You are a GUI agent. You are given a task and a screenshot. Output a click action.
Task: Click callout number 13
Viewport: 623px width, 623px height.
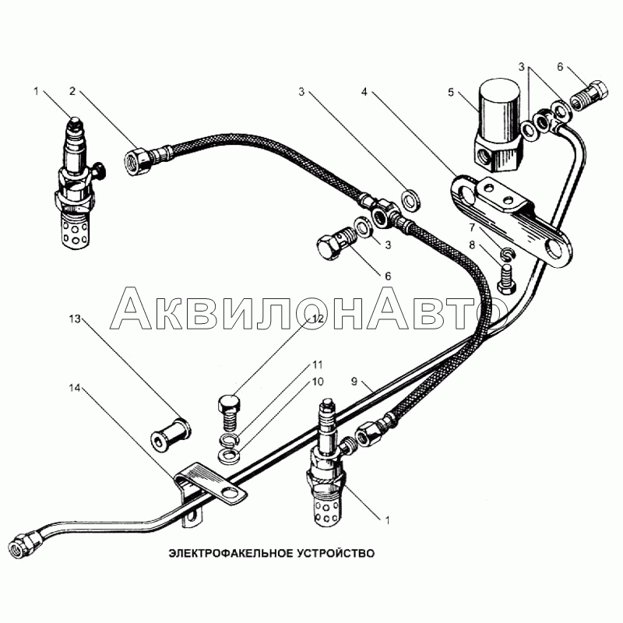75,319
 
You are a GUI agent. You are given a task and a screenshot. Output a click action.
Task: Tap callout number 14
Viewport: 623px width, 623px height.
75,388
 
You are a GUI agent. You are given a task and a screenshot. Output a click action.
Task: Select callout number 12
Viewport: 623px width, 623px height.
318,319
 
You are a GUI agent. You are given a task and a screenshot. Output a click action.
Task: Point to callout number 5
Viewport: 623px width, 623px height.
451,92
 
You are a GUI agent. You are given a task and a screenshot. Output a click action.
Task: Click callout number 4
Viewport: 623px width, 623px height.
364,92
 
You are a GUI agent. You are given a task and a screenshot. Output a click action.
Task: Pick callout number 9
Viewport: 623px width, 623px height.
354,382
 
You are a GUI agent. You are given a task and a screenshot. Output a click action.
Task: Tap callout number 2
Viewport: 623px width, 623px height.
72,91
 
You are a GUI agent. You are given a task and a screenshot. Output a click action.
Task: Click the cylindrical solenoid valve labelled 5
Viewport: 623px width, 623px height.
498,125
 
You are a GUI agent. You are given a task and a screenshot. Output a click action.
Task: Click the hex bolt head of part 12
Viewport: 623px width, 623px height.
229,403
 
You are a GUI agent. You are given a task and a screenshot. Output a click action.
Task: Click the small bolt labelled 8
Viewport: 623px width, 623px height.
506,280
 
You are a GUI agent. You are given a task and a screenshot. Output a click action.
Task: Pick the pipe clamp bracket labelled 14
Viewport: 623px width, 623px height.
209,489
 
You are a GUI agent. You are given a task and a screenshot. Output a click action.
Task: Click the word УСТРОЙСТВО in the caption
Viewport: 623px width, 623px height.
336,553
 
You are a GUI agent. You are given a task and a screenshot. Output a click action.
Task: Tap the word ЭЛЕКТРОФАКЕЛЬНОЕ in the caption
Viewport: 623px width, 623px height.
231,553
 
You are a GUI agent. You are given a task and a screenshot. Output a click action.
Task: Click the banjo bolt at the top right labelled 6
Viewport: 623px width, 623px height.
590,97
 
